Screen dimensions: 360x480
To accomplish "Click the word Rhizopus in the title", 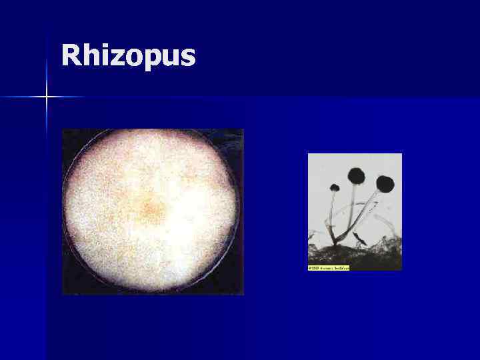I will (128, 57).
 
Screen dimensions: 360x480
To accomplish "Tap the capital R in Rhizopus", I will (71, 55).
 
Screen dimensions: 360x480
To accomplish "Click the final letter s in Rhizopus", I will (187, 58).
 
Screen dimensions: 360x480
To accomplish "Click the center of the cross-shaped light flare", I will (47, 97).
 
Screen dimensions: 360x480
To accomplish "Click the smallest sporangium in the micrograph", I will (335, 187).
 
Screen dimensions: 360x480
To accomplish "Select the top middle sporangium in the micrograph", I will (357, 176).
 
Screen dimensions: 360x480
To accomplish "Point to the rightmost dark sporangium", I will (385, 183).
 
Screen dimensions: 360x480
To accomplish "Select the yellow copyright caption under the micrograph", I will (329, 268).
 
